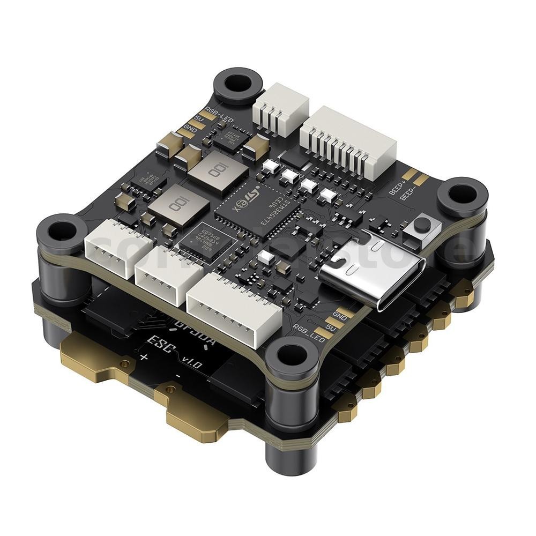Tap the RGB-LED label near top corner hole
point(215,113)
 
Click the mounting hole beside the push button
point(461,196)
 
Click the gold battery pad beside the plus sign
point(96,364)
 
